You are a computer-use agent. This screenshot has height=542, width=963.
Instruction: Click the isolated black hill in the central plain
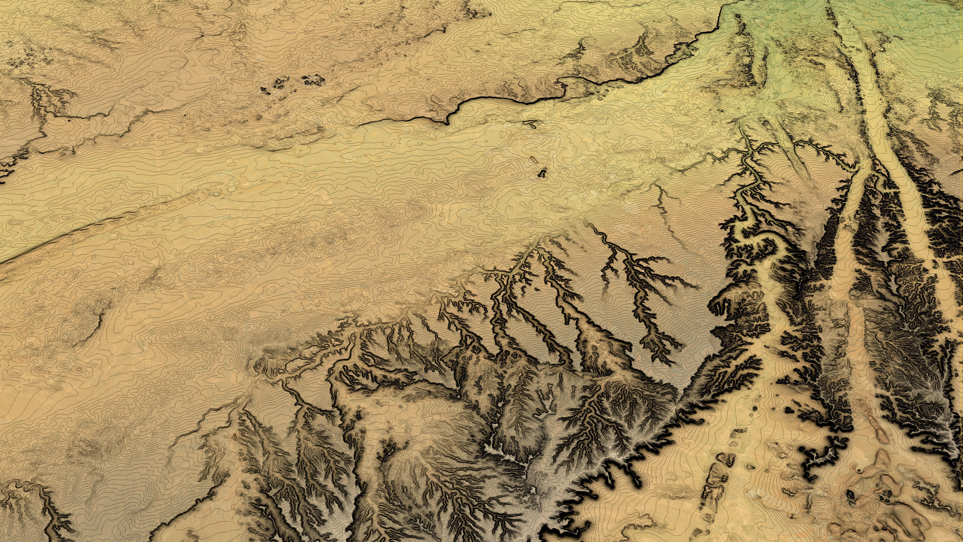(541, 173)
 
